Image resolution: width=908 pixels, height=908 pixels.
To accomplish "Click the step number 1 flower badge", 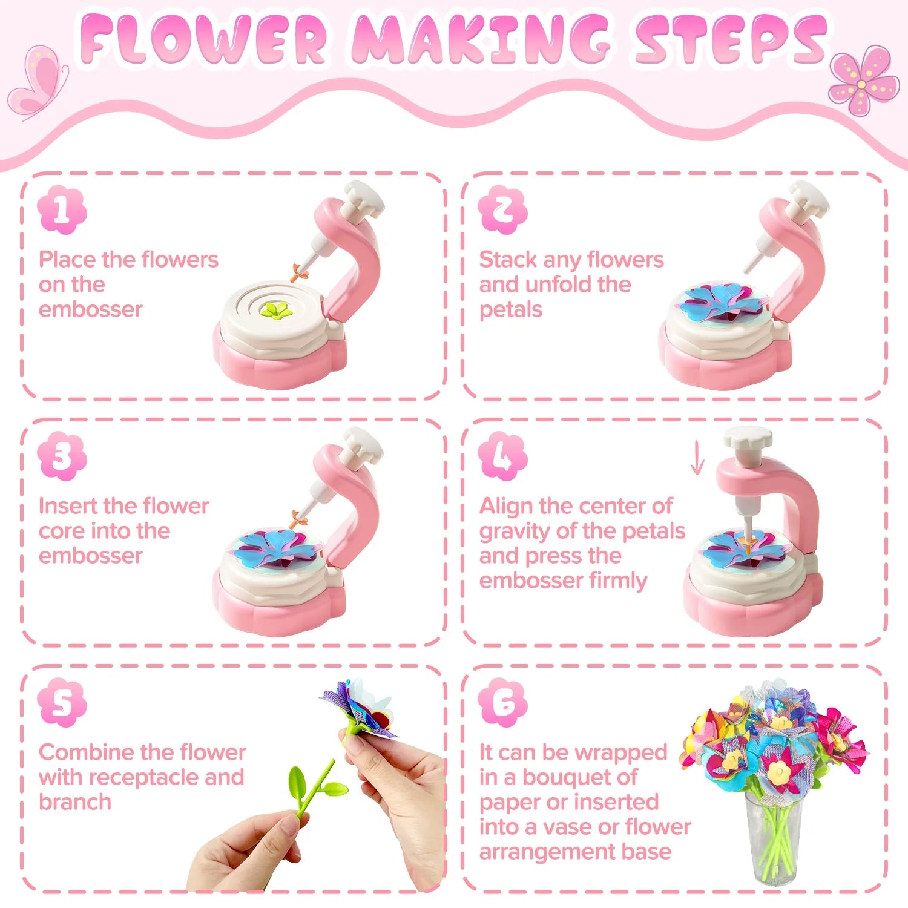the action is click(62, 210).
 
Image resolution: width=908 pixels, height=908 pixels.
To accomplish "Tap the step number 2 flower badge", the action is click(502, 210).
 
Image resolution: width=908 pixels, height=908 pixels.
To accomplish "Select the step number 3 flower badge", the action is click(62, 456).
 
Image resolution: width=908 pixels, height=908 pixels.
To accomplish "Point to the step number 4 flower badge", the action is click(502, 456).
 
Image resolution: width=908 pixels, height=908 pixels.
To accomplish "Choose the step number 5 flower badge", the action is click(62, 703).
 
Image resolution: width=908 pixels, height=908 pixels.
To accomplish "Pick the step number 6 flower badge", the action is click(502, 703).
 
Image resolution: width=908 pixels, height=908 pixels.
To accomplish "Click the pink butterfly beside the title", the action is click(38, 82).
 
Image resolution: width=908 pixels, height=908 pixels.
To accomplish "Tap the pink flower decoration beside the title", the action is click(863, 81).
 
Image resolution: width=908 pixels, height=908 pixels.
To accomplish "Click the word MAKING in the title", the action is click(481, 40).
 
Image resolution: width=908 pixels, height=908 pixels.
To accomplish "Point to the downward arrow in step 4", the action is click(697, 458).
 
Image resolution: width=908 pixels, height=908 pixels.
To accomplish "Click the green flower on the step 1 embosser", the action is click(277, 311).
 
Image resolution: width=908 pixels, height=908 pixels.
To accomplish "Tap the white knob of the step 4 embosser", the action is click(748, 438).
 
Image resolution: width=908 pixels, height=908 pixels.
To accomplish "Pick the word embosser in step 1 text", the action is click(91, 309).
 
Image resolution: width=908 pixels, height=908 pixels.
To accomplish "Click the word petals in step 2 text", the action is click(510, 310).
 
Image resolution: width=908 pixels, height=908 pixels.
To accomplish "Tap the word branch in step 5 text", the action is click(75, 802).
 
